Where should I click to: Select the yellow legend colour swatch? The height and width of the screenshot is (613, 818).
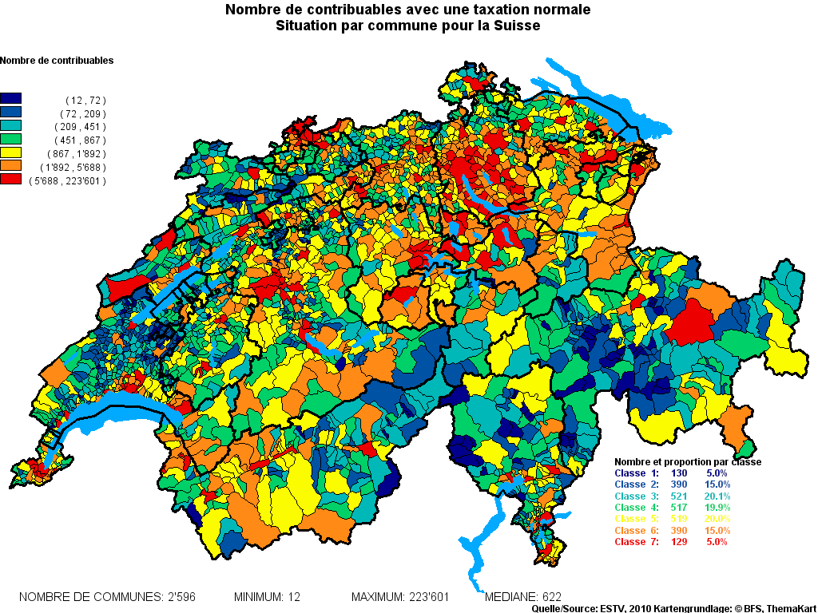click(x=10, y=152)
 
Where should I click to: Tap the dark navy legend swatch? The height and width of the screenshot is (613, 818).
click(x=10, y=100)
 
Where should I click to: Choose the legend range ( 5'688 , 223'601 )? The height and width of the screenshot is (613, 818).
click(x=67, y=181)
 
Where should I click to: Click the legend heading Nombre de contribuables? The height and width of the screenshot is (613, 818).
click(x=57, y=61)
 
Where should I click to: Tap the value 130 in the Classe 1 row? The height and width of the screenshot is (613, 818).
click(x=668, y=473)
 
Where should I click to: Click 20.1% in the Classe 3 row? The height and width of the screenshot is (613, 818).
click(x=717, y=496)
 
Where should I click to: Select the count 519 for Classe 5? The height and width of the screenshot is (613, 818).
click(x=668, y=519)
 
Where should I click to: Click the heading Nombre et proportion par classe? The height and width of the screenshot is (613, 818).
click(x=687, y=462)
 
